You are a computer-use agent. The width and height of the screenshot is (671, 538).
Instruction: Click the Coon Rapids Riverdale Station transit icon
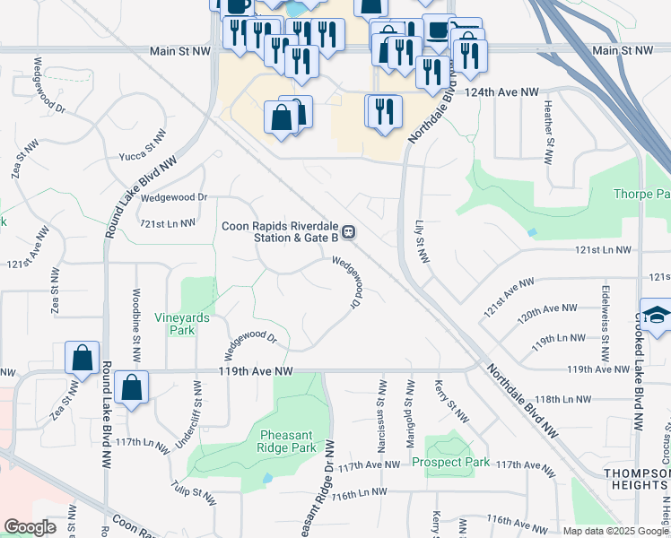click(x=349, y=232)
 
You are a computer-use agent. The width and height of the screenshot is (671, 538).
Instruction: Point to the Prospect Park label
click(x=451, y=463)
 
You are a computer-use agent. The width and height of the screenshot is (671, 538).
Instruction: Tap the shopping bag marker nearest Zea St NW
click(x=82, y=358)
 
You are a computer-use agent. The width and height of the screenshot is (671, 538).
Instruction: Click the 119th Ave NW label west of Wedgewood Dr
click(x=256, y=370)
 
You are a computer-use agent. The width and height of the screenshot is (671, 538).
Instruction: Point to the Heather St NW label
click(x=547, y=133)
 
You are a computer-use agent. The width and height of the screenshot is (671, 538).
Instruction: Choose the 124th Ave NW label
click(x=502, y=92)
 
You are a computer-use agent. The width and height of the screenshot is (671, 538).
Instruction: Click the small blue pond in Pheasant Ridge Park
click(x=267, y=478)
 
